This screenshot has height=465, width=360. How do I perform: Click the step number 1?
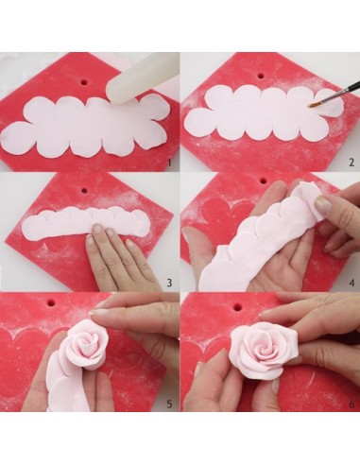tap(169, 163)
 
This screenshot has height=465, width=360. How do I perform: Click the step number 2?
tap(351, 163)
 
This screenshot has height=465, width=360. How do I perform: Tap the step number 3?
tap(169, 283)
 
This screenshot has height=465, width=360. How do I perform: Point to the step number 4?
tap(351, 283)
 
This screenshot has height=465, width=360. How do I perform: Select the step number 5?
tap(169, 404)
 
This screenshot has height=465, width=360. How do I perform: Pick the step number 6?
tap(351, 404)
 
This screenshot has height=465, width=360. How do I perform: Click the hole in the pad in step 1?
tap(85, 82)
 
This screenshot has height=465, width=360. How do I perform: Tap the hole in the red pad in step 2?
tap(260, 76)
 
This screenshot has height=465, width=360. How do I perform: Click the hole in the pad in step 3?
tap(84, 191)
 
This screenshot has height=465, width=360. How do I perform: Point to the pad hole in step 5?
tap(51, 303)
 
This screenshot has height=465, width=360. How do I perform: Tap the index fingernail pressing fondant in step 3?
tap(97, 229)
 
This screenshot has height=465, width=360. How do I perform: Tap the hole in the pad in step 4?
tap(263, 181)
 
